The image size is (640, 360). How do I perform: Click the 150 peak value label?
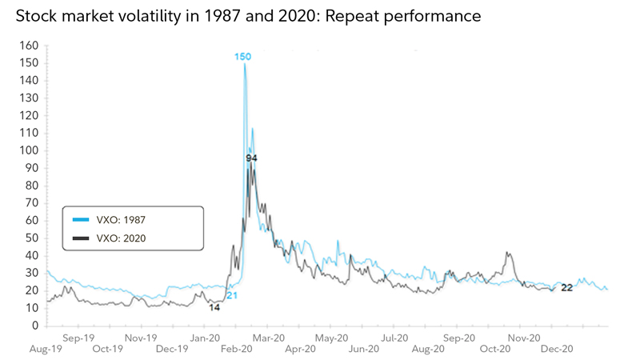click(243, 56)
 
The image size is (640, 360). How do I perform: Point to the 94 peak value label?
click(251, 158)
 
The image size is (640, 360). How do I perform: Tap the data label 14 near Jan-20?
click(214, 307)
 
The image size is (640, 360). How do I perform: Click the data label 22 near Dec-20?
click(566, 287)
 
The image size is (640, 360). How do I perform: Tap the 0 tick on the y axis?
click(34, 326)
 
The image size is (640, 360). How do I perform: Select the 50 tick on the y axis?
click(30, 238)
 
